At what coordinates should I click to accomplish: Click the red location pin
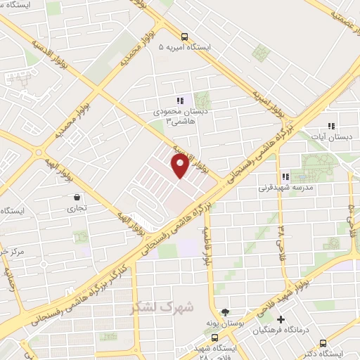point(180,166)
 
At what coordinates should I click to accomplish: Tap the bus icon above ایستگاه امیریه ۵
point(184,37)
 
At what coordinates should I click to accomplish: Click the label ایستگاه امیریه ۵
point(184,47)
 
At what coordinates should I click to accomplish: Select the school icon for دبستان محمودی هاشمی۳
point(180,101)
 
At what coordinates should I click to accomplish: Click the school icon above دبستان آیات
point(331,126)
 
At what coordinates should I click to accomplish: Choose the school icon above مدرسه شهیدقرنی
point(285,177)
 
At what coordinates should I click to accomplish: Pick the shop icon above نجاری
point(76,198)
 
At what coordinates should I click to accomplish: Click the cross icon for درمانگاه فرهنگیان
point(281,319)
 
